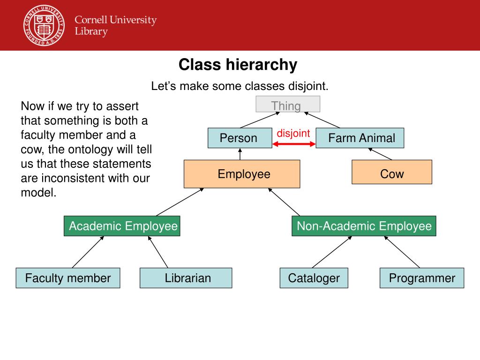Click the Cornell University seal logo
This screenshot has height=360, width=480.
tap(44, 26)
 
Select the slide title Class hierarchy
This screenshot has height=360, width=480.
tap(238, 65)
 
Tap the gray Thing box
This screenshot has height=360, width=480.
tap(288, 105)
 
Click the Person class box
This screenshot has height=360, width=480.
tap(240, 138)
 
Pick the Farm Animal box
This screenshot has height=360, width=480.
tap(360, 138)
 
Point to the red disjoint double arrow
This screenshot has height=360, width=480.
tap(294, 144)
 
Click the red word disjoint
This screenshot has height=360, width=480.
tap(293, 133)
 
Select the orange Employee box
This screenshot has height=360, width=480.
tap(242, 174)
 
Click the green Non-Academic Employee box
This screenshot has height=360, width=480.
tap(364, 226)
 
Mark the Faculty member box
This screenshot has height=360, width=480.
tap(68, 278)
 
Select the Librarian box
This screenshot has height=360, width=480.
tap(186, 278)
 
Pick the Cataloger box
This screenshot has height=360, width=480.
tap(314, 278)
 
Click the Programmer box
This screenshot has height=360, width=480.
tap(422, 278)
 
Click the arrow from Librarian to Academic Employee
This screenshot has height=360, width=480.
tap(158, 252)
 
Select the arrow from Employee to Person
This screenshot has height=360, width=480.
tap(240, 154)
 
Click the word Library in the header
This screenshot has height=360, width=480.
tap(91, 32)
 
